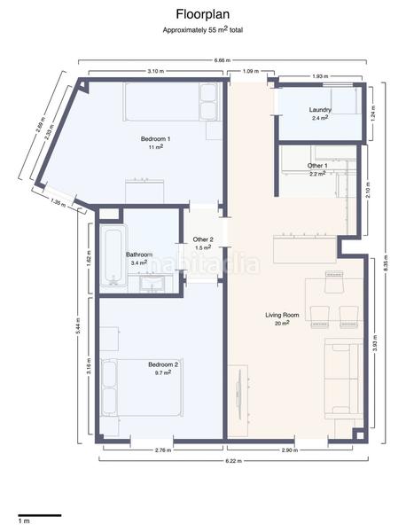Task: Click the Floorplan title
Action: click(x=203, y=14)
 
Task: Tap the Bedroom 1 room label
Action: click(x=156, y=139)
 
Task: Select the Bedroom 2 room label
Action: click(x=163, y=365)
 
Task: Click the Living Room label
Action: click(x=282, y=316)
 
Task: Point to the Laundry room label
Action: click(x=320, y=110)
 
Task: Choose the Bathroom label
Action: click(x=139, y=255)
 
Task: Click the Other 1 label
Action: click(x=317, y=166)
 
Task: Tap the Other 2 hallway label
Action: click(x=203, y=239)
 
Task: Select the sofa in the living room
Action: click(x=341, y=379)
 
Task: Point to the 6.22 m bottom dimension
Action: click(x=232, y=462)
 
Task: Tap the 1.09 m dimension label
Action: click(x=250, y=70)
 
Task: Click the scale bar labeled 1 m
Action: click(x=39, y=515)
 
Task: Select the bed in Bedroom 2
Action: click(x=142, y=387)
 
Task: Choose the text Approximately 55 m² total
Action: click(x=203, y=29)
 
